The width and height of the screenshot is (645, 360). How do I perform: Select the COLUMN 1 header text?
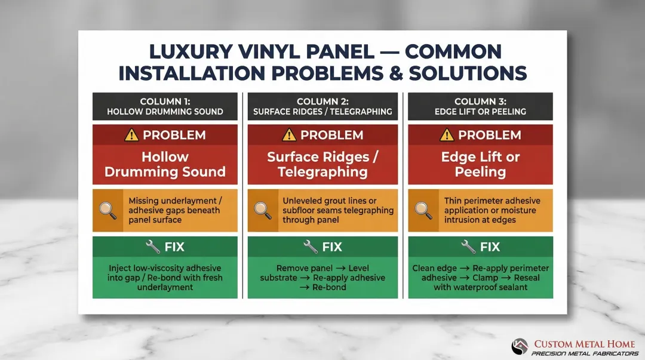click(165, 101)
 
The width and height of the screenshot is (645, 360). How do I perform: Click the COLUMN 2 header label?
click(322, 101)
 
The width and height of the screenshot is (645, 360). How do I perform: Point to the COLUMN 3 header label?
click(480, 101)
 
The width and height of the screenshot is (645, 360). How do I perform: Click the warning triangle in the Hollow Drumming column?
click(131, 135)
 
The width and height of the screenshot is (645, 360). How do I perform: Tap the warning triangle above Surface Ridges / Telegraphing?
click(289, 135)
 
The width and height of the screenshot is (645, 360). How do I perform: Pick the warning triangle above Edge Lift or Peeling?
click(447, 135)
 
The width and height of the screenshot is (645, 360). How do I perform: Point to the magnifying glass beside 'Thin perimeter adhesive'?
click(423, 210)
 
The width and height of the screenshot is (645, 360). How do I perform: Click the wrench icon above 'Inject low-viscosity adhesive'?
click(153, 247)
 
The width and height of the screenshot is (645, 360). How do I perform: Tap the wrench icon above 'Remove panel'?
click(311, 247)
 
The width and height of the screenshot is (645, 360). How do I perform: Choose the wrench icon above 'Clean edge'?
click(468, 247)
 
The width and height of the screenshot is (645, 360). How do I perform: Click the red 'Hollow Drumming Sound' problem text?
click(165, 165)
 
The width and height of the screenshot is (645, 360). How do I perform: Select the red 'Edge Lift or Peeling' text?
click(480, 165)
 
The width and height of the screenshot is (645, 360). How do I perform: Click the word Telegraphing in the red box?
click(322, 173)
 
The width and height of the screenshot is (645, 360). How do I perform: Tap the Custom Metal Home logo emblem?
click(520, 346)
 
